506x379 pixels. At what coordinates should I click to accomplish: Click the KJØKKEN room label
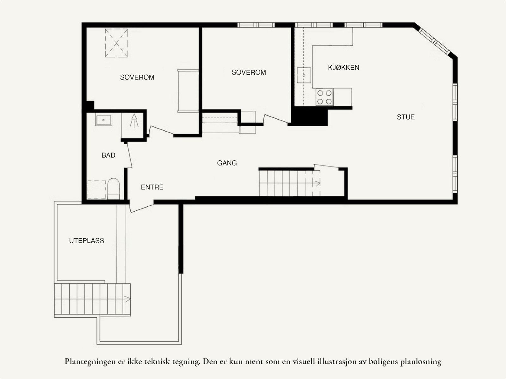[343, 67]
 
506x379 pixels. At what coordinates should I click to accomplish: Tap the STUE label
[405, 117]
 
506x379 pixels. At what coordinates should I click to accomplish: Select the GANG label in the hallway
[227, 163]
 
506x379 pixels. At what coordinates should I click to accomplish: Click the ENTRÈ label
[152, 187]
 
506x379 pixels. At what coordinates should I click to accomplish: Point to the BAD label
[108, 155]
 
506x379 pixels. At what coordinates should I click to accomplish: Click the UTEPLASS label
[86, 241]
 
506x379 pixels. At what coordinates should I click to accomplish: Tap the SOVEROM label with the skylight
[137, 77]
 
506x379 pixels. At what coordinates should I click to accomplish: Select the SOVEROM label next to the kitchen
[249, 72]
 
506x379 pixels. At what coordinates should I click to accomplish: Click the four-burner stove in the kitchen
[324, 97]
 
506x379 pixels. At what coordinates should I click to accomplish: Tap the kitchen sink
[304, 75]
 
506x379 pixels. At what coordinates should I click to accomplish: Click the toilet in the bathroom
[114, 189]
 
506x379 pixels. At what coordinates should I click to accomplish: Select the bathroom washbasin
[103, 120]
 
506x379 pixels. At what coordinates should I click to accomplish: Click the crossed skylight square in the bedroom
[116, 43]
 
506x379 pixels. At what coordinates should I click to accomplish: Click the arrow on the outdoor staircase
[127, 299]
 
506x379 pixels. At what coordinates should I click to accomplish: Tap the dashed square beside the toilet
[97, 189]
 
